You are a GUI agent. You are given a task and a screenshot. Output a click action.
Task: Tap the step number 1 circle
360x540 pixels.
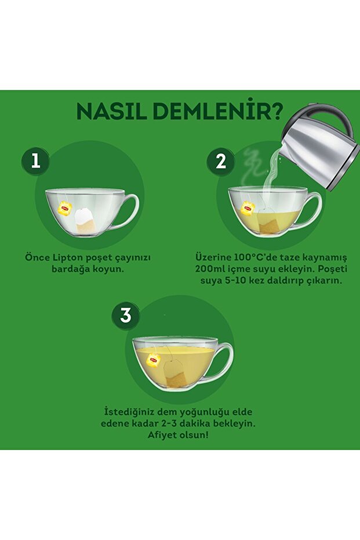(35, 161)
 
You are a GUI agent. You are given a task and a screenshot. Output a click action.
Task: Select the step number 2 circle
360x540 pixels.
(221, 161)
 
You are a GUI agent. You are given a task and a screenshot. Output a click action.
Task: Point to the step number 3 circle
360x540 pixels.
(126, 316)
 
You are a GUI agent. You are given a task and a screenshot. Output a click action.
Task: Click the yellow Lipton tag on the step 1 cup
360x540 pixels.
(65, 208)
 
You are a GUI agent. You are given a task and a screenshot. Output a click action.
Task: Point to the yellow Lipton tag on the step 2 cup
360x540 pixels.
(248, 208)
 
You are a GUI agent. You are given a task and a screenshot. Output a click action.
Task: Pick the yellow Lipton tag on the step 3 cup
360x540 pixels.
(153, 360)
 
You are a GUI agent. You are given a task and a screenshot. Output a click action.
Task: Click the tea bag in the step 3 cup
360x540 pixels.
(175, 373)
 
